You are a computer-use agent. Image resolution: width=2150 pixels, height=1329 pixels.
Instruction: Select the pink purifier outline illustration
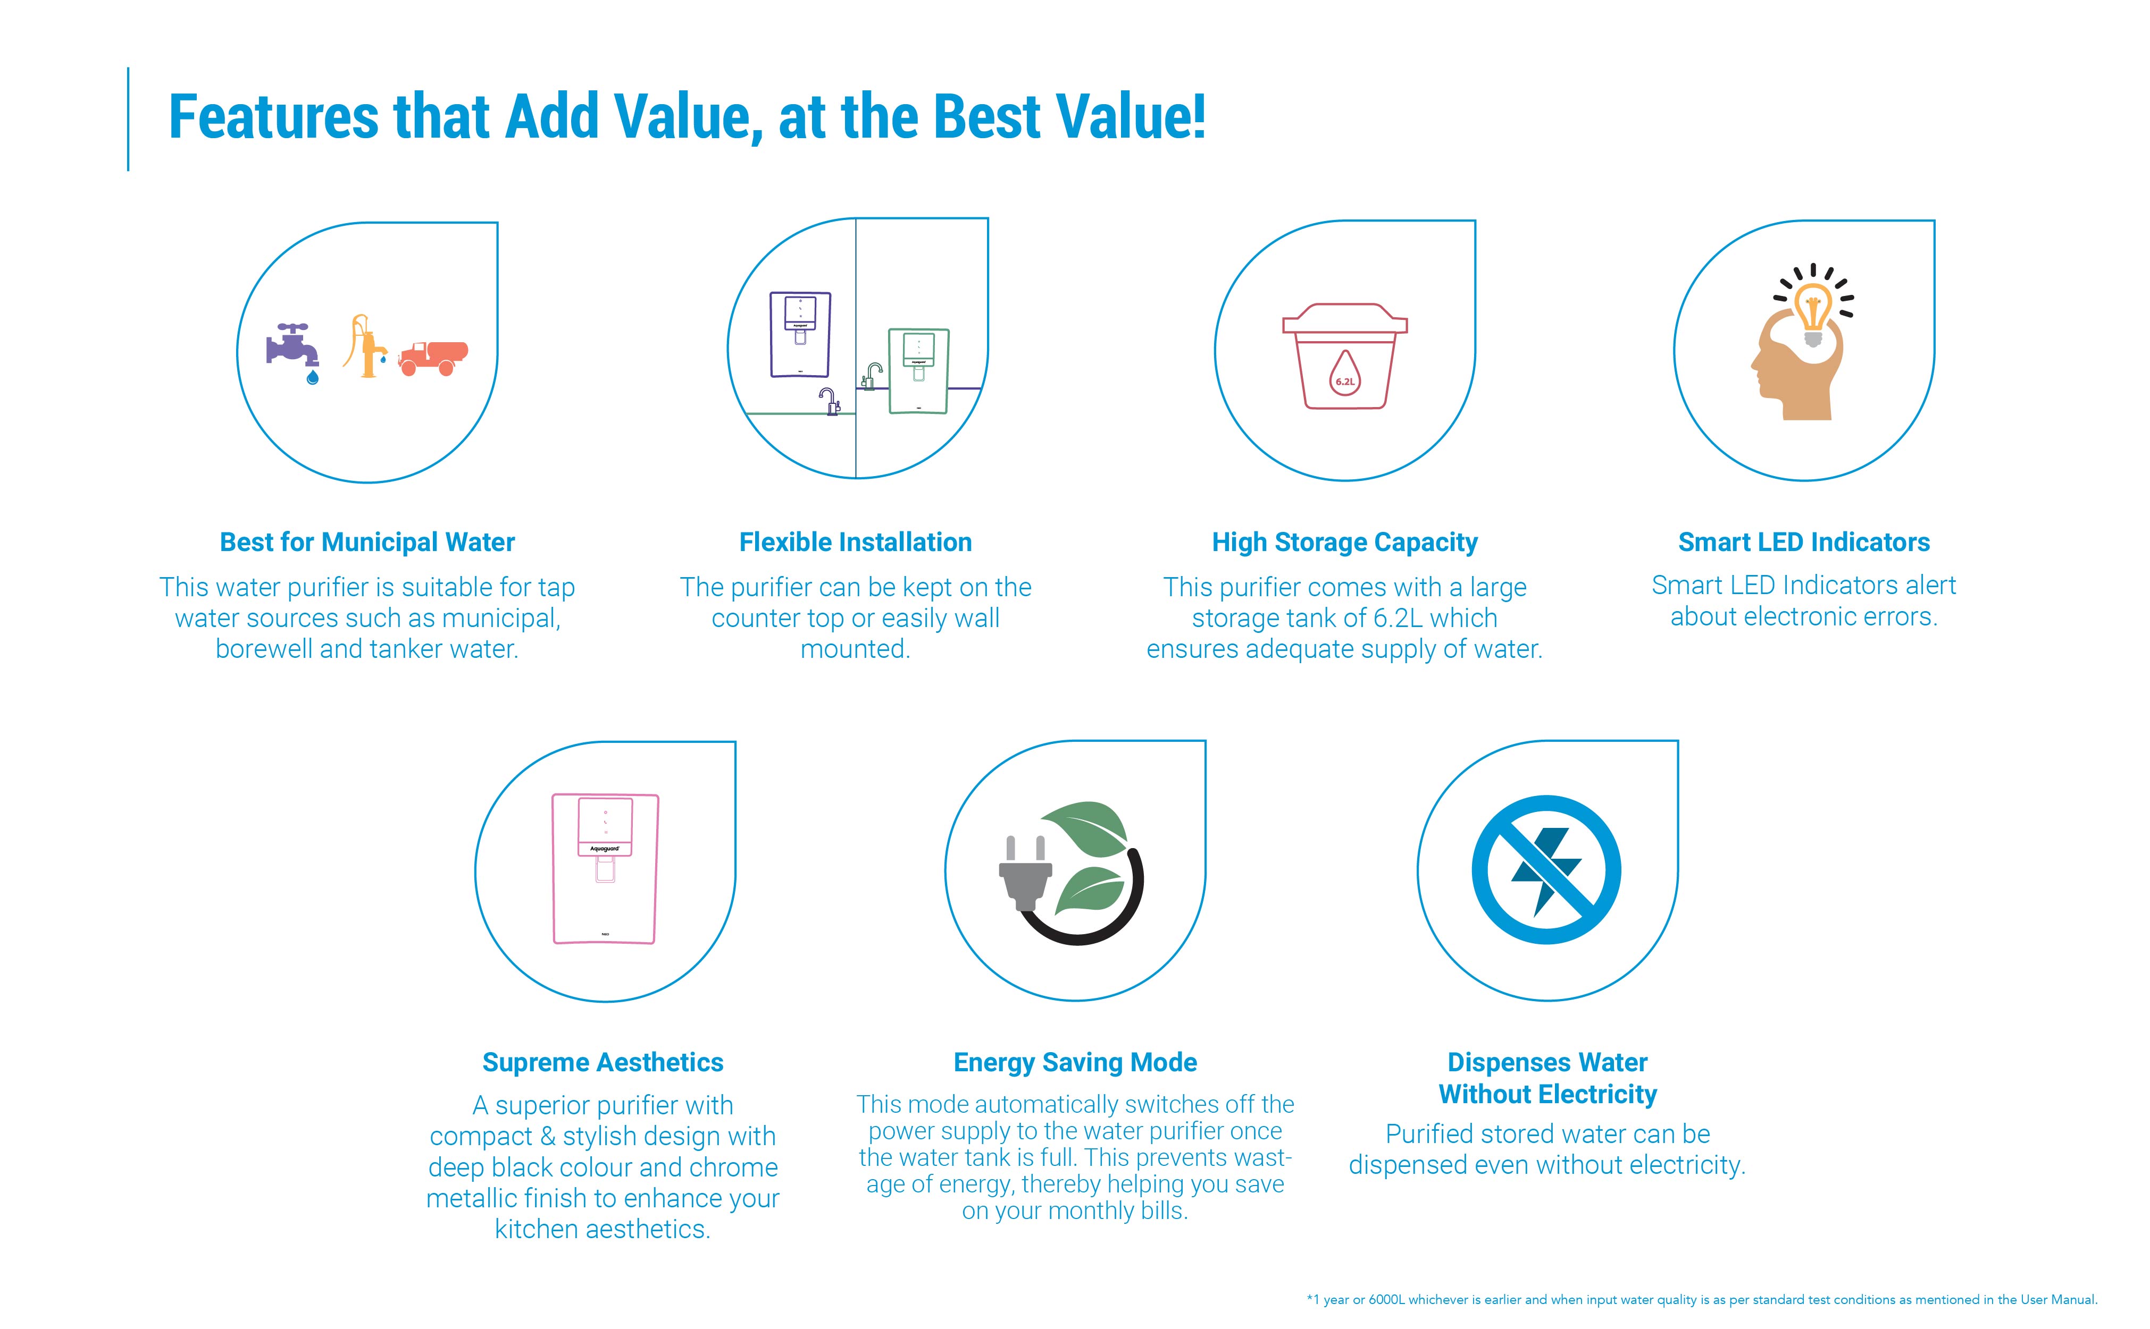click(605, 868)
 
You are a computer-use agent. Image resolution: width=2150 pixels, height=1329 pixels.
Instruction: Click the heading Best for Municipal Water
click(367, 543)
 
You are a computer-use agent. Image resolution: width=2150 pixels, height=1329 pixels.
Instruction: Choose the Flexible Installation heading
click(856, 543)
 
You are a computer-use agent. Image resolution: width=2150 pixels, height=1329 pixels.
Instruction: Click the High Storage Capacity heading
click(1344, 543)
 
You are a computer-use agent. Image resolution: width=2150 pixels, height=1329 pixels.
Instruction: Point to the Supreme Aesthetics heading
click(603, 1063)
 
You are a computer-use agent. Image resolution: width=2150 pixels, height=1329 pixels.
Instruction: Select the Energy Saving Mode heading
click(1075, 1063)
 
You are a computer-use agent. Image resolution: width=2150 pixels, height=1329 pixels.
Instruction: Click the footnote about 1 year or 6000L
click(1702, 1300)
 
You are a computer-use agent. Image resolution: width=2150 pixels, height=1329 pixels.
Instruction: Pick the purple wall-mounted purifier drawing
click(800, 334)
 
